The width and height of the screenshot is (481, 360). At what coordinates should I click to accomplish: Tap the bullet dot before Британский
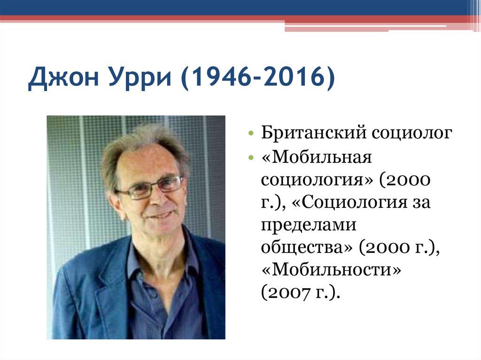click(x=252, y=134)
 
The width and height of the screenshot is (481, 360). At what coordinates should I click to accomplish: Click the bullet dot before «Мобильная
click(x=252, y=158)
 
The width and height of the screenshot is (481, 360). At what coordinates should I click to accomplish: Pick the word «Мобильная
click(x=317, y=157)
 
